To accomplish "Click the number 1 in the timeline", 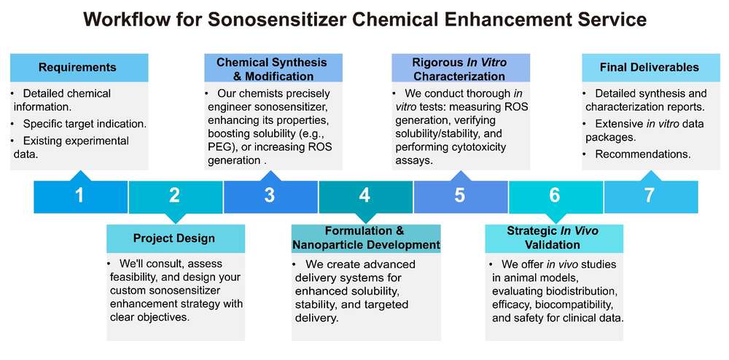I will (80, 195).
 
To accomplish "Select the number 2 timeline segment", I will (175, 195).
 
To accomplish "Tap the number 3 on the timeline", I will (270, 195).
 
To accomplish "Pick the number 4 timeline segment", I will (364, 195).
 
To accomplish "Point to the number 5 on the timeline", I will (459, 195).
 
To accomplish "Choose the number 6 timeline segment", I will (555, 195).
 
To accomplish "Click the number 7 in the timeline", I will (650, 195).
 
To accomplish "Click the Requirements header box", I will (77, 68).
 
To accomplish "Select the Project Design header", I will (174, 238).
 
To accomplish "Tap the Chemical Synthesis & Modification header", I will (272, 69).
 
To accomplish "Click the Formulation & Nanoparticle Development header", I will (365, 238).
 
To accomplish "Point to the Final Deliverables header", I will (650, 68).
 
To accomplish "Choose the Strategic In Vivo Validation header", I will (553, 238).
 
